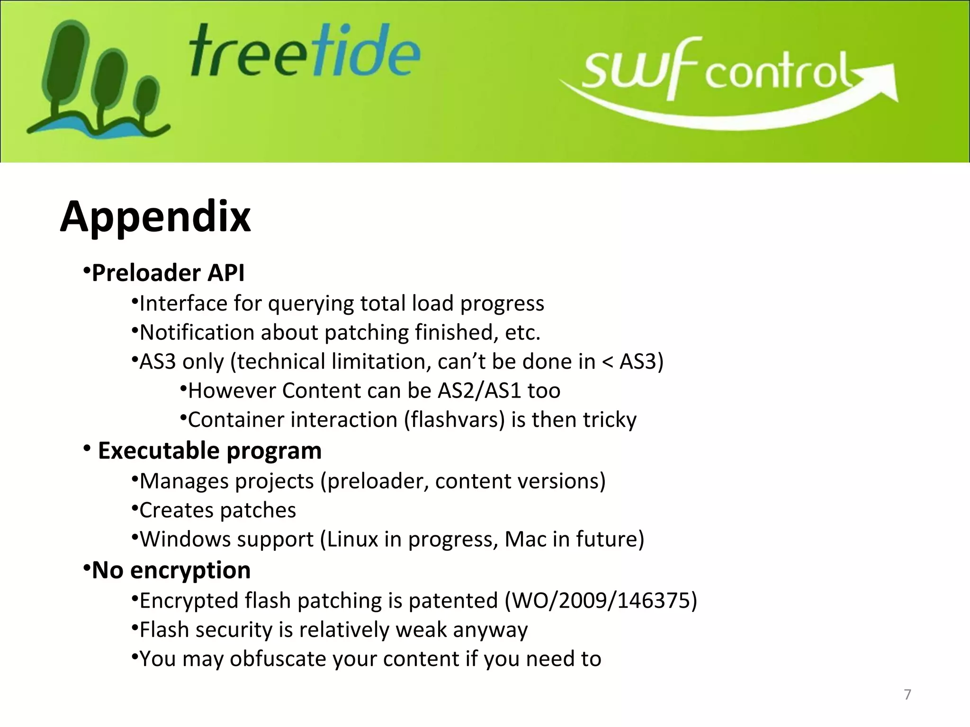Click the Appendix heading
click(155, 217)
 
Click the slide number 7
click(907, 695)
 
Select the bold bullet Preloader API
click(168, 273)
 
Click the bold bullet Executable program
click(209, 451)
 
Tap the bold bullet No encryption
click(171, 570)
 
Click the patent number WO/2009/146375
click(601, 601)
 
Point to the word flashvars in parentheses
click(455, 420)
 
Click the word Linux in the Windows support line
click(352, 539)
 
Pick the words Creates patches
click(218, 510)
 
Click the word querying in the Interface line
click(311, 304)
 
